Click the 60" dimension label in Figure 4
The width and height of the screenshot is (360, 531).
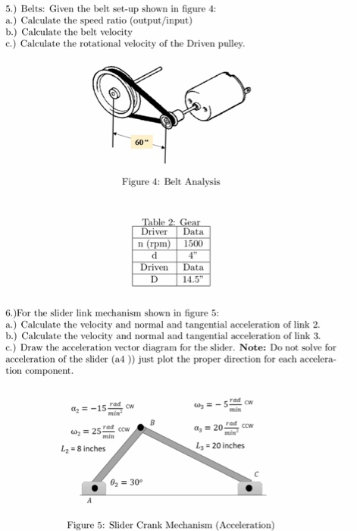(138, 142)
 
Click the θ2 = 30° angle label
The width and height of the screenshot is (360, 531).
(139, 480)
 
